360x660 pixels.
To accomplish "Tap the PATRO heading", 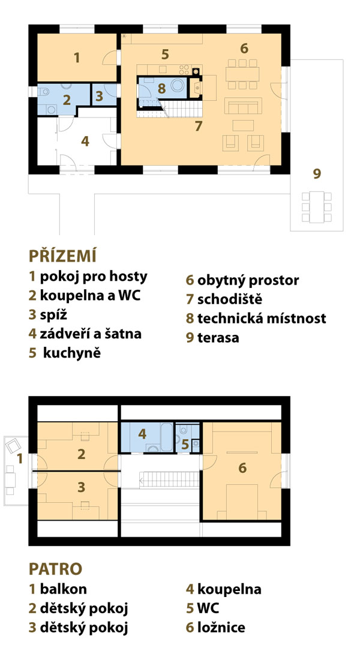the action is pos(56,569).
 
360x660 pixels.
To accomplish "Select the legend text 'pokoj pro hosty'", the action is pos(94,277).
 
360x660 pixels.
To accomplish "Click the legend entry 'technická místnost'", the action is pos(262,318).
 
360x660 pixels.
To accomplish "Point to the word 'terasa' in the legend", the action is pos(218,338).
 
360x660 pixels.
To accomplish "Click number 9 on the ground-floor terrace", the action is pos(317,173).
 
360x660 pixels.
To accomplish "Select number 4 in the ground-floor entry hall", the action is pos(85,142).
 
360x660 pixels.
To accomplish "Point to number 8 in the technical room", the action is pos(161,89).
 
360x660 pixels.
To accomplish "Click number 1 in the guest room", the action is pos(77,58).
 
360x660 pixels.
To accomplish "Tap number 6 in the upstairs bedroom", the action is pos(242,467).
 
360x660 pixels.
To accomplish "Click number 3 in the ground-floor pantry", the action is pos(99,97).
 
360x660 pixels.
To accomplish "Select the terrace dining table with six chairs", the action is pos(317,207).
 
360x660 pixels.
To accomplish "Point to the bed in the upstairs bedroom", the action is pos(242,502).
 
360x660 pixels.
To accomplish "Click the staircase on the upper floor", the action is pos(169,479).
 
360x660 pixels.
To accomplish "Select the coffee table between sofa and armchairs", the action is pos(243,125).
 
